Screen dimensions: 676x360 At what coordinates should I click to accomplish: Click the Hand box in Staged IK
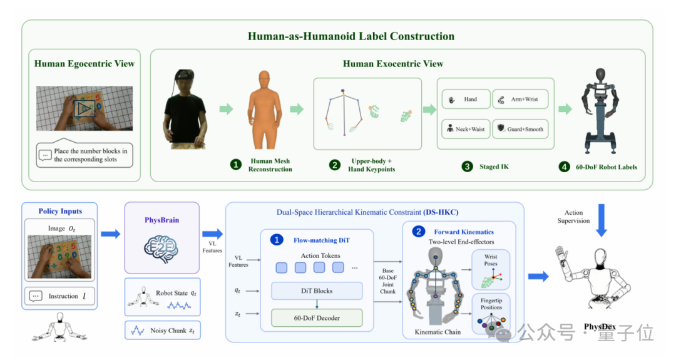[466, 99]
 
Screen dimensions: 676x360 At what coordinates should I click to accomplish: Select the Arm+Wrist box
[520, 99]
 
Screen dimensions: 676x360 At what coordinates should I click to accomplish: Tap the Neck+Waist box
[466, 129]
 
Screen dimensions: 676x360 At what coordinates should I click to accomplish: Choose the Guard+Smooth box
[520, 129]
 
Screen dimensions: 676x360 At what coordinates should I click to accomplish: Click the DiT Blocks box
[317, 291]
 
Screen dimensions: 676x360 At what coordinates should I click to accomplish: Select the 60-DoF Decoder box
[317, 318]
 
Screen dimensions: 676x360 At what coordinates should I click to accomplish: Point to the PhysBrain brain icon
[161, 249]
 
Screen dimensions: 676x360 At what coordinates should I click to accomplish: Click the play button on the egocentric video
[84, 109]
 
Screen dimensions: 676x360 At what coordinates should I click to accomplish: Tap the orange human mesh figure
[264, 110]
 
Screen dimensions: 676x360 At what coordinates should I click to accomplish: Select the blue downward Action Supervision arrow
[602, 220]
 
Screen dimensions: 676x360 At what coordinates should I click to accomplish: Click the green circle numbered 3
[468, 167]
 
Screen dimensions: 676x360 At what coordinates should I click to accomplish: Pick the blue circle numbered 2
[418, 232]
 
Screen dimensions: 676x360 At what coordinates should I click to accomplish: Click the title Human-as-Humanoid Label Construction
[351, 36]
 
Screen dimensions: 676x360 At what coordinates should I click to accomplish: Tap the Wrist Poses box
[491, 269]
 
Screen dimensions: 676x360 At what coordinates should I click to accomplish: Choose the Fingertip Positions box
[491, 314]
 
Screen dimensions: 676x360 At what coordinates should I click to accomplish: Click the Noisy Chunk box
[163, 331]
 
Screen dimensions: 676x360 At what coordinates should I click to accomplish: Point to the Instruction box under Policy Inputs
[59, 296]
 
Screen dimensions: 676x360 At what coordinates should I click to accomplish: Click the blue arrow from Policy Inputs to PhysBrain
[111, 234]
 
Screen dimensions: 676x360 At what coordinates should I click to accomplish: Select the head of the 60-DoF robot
[600, 75]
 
